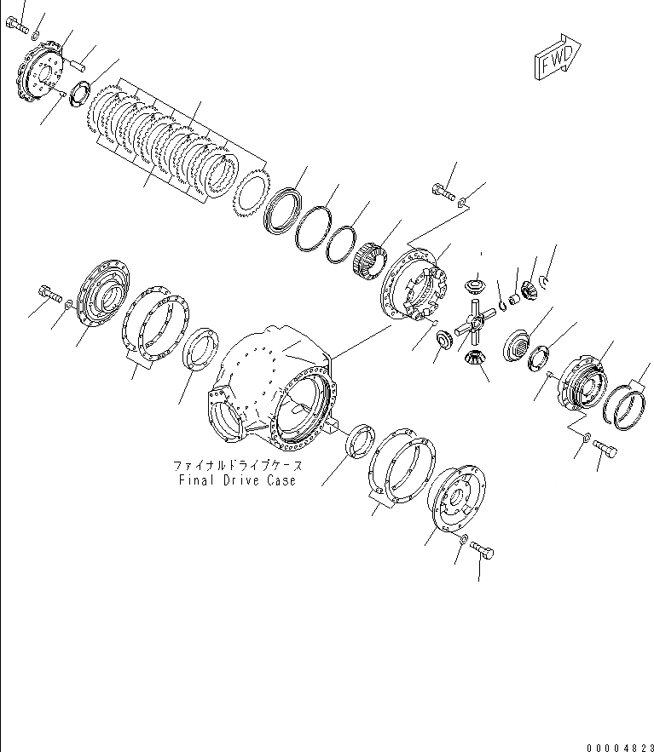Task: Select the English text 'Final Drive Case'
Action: click(237, 480)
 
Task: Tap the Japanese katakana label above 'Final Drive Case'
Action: click(237, 466)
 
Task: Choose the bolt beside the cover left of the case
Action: click(48, 296)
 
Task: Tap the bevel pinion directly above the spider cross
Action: click(475, 284)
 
